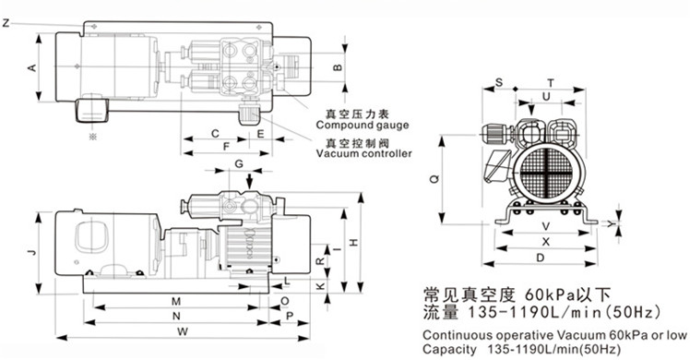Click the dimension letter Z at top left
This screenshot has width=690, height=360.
6,23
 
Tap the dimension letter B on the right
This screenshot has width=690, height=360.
338,68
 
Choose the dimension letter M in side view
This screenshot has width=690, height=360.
174,302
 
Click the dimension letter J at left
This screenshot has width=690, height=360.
31,251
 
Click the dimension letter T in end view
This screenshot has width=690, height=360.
551,82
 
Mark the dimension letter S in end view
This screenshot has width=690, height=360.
499,82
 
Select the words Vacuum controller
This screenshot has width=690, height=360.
363,154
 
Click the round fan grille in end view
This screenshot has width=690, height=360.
549,173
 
